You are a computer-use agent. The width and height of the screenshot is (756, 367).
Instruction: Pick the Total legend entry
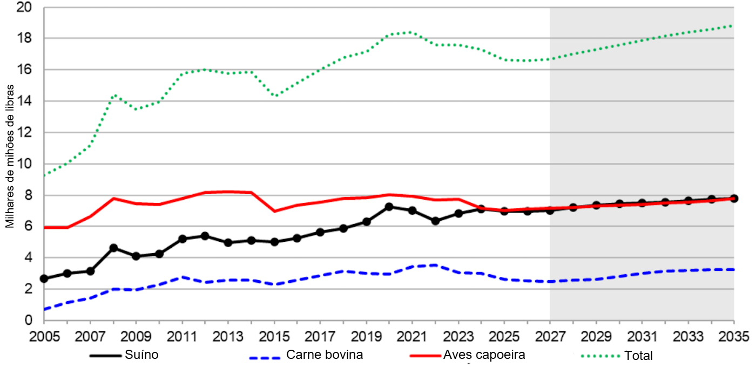tap(638, 356)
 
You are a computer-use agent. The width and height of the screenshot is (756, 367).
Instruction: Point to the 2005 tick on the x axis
tap(44, 336)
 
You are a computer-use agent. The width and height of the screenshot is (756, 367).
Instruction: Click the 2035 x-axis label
tap(734, 336)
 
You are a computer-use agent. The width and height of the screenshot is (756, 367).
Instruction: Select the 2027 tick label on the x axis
tap(550, 336)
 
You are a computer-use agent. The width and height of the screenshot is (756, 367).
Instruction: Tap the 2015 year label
tap(274, 336)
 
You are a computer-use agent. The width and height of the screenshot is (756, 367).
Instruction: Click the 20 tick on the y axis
tap(24, 8)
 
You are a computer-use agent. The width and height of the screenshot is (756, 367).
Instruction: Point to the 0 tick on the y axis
tap(28, 320)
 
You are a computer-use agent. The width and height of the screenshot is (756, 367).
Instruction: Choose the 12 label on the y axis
tap(24, 133)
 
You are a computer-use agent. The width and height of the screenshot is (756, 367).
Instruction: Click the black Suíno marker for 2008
tap(113, 248)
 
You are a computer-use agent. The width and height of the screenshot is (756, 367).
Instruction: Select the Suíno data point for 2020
tap(389, 207)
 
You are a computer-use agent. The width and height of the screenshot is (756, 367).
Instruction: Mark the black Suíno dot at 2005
tap(44, 278)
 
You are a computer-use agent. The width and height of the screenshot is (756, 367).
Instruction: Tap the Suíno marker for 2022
tap(435, 221)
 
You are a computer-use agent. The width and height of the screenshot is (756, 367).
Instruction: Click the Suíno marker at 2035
tap(734, 198)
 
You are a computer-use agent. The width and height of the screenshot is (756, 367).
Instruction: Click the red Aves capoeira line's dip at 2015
tap(274, 211)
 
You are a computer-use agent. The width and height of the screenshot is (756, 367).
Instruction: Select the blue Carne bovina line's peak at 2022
tap(435, 265)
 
